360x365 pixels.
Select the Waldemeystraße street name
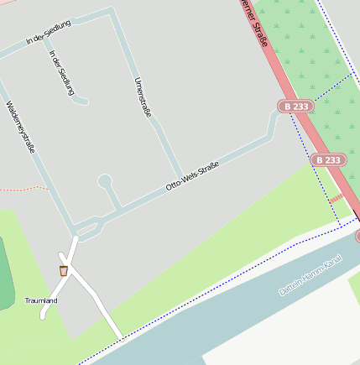coord(20,128)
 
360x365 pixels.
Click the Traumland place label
coord(41,300)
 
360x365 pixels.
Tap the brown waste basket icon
coord(64,270)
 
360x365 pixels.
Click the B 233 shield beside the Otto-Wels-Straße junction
coord(297,107)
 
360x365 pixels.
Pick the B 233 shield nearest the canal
coord(328,159)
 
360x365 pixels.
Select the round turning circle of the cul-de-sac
coord(105,180)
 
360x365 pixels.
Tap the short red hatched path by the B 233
coord(337,199)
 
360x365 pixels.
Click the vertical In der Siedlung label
coord(62,73)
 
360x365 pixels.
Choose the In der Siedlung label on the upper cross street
coord(48,33)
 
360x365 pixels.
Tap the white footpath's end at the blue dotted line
coord(121,338)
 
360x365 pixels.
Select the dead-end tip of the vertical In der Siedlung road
coord(85,102)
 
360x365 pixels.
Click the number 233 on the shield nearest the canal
coord(332,159)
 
